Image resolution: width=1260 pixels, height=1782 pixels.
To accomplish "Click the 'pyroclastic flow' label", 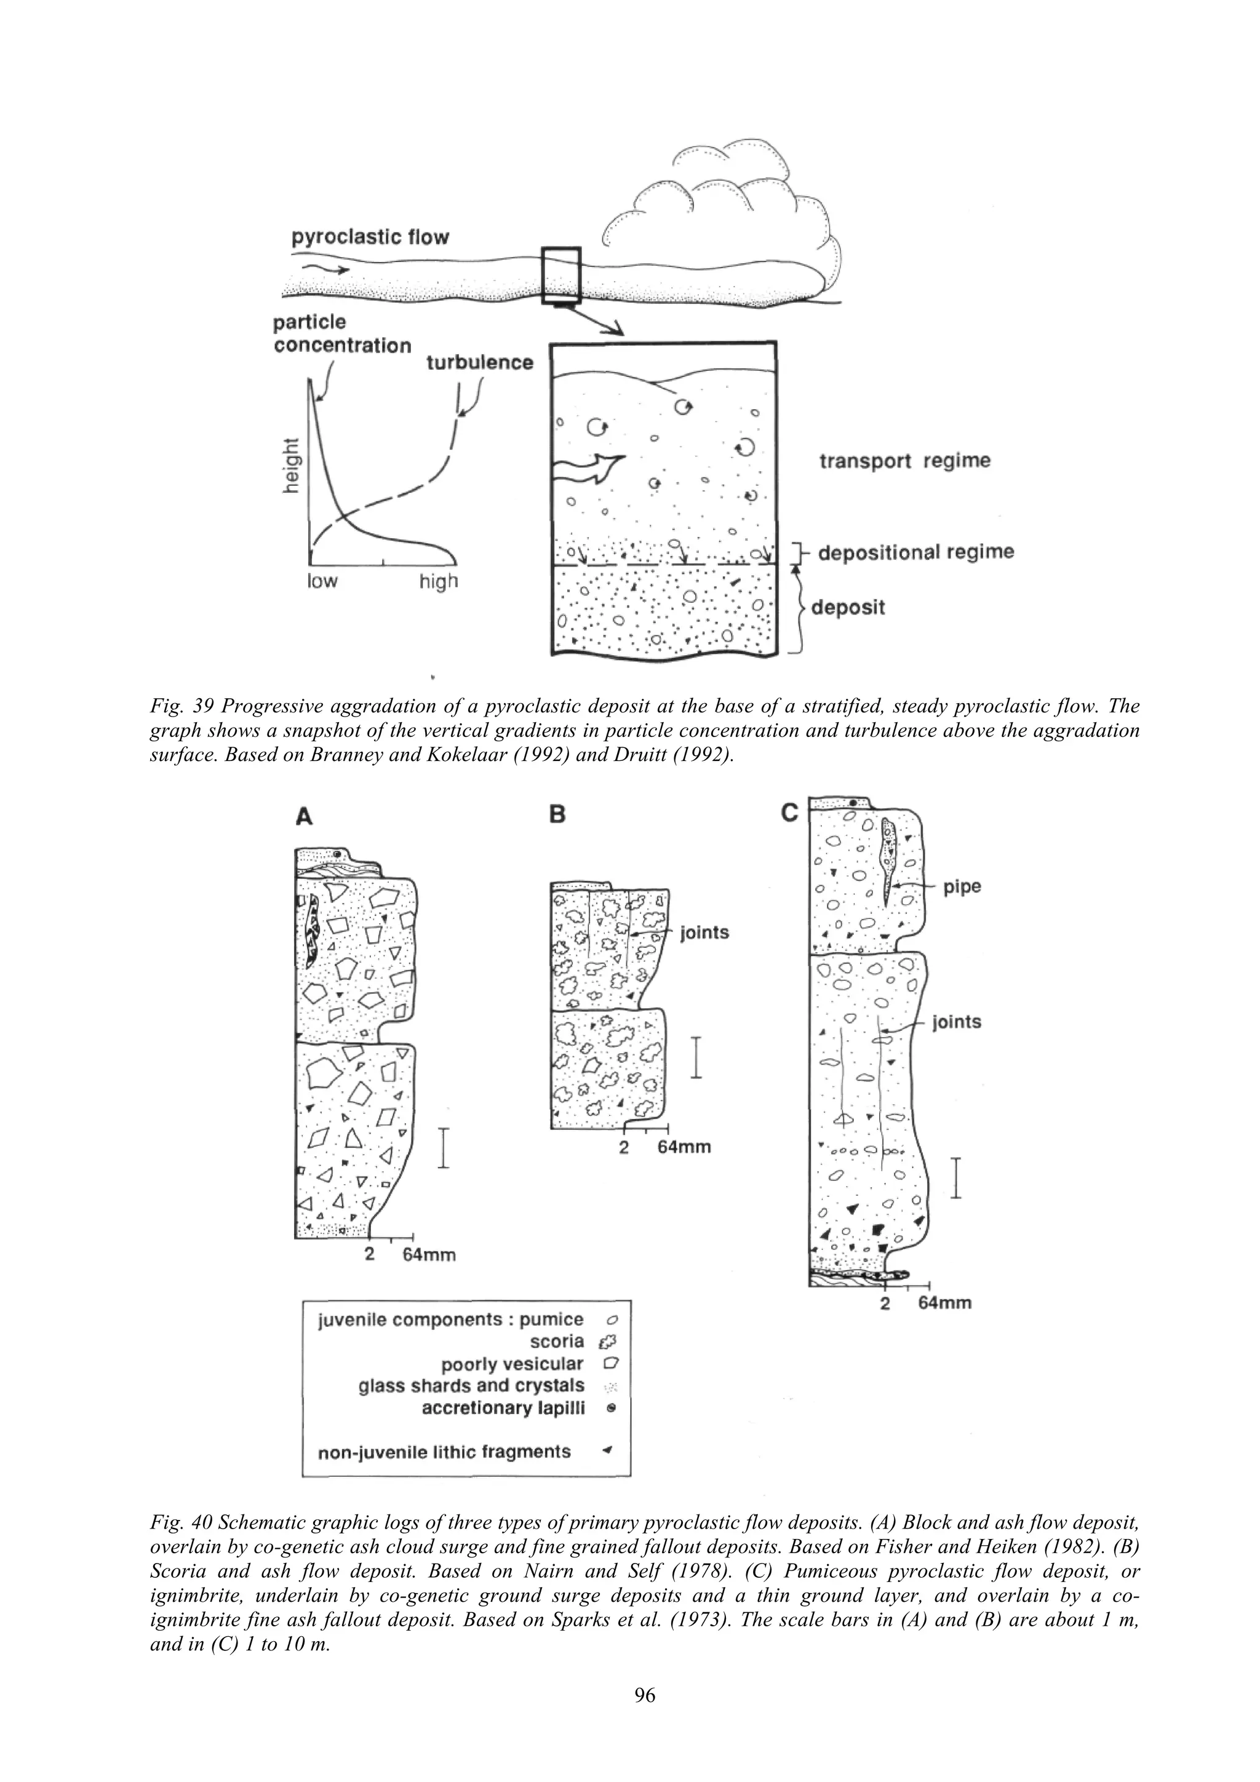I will [x=370, y=237].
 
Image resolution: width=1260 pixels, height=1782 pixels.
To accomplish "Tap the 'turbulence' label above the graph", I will [x=480, y=362].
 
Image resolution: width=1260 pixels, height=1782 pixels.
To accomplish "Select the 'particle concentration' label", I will [x=342, y=334].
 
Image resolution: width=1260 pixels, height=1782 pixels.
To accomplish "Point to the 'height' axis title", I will [x=291, y=464].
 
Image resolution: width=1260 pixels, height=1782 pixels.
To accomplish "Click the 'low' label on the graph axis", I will [x=322, y=581].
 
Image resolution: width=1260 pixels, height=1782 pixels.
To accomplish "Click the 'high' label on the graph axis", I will [x=439, y=581].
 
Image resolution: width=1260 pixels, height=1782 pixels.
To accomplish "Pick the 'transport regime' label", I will [x=905, y=461].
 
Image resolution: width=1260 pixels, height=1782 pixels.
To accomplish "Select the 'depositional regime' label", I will [x=916, y=552].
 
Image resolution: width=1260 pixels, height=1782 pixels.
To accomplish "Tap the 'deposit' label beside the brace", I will [x=848, y=607].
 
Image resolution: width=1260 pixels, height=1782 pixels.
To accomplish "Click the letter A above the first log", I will [x=305, y=816].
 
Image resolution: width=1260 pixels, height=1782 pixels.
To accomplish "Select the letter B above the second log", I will [x=557, y=814].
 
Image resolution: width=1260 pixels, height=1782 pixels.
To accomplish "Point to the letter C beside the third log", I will [x=789, y=813].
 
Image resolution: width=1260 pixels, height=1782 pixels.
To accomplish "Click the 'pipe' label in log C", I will [x=962, y=887].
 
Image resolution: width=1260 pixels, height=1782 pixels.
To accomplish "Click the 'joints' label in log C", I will [x=957, y=1022].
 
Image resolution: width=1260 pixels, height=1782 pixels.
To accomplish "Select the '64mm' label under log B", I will [x=684, y=1147].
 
